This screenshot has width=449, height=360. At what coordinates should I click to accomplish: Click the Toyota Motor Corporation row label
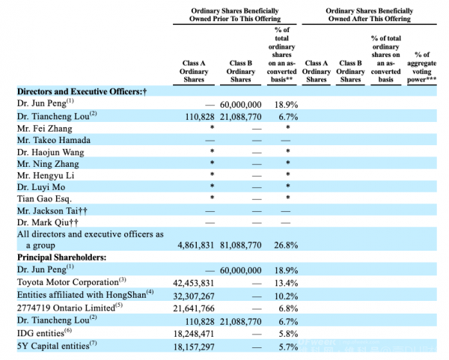[x=71, y=282]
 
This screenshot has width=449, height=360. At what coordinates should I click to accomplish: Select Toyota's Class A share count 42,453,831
[x=194, y=283]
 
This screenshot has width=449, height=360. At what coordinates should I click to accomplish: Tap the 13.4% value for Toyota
[x=287, y=283]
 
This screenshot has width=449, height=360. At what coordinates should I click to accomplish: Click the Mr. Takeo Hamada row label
[x=54, y=140]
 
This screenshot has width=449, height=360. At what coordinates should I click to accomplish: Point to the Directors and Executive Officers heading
[x=82, y=91]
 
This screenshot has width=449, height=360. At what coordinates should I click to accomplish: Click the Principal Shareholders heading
[x=61, y=257]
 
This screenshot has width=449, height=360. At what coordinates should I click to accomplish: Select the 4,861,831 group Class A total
[x=196, y=245]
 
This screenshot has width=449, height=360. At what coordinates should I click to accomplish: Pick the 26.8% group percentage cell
[x=286, y=245]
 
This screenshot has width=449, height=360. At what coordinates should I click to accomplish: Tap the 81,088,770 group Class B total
[x=241, y=245]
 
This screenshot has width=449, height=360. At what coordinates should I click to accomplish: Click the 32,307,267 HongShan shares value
[x=194, y=296]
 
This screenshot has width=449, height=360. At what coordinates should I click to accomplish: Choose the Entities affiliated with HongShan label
[x=85, y=295]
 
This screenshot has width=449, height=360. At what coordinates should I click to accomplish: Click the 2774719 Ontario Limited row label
[x=70, y=308]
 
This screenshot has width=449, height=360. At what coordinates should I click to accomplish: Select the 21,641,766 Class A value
[x=194, y=308]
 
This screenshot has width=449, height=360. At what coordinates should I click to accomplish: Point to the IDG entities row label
[x=44, y=333]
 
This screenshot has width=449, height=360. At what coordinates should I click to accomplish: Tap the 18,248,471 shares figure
[x=194, y=334]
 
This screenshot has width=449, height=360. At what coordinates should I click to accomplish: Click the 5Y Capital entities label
[x=57, y=346]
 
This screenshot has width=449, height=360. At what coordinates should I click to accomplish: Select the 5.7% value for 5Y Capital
[x=288, y=347]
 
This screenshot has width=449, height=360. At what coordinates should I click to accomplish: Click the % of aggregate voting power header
[x=422, y=67]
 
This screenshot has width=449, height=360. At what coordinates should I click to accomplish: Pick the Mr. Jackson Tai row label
[x=52, y=211]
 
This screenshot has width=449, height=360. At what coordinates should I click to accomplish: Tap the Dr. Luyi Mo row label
[x=41, y=187]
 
